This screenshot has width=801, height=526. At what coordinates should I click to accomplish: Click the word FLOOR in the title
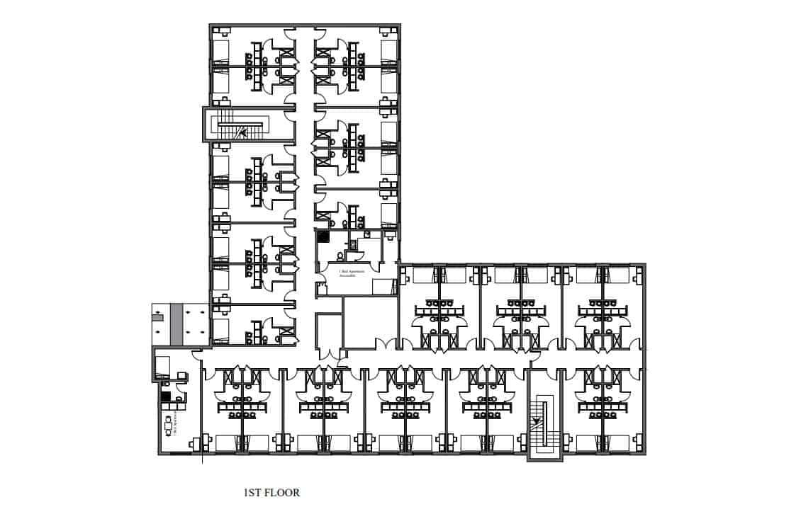pos(281,493)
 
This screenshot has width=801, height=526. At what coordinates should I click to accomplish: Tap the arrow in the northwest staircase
pos(243,131)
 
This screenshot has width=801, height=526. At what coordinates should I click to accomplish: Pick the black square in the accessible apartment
pos(323,238)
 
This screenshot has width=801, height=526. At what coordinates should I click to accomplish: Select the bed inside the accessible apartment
pos(383,285)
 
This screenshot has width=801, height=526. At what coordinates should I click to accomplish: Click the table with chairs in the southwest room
pos(171,425)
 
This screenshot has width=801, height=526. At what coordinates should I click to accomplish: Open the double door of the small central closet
pos(328,353)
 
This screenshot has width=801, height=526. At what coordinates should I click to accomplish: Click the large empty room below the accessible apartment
pos(369,322)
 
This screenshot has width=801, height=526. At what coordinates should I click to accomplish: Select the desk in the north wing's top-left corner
pos(222,30)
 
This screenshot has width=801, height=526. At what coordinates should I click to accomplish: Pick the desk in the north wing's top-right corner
pos(388,30)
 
